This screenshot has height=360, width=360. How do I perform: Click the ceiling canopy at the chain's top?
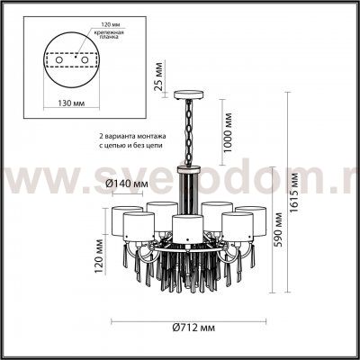[188, 93]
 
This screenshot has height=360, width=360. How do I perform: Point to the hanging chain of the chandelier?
[188, 130]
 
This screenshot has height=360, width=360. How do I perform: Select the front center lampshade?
[187, 228]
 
